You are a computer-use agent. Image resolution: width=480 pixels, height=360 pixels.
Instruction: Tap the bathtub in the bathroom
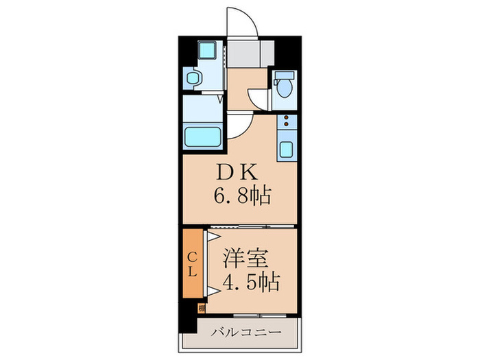point(202,136)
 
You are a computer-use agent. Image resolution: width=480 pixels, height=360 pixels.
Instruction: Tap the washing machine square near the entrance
point(205,51)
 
